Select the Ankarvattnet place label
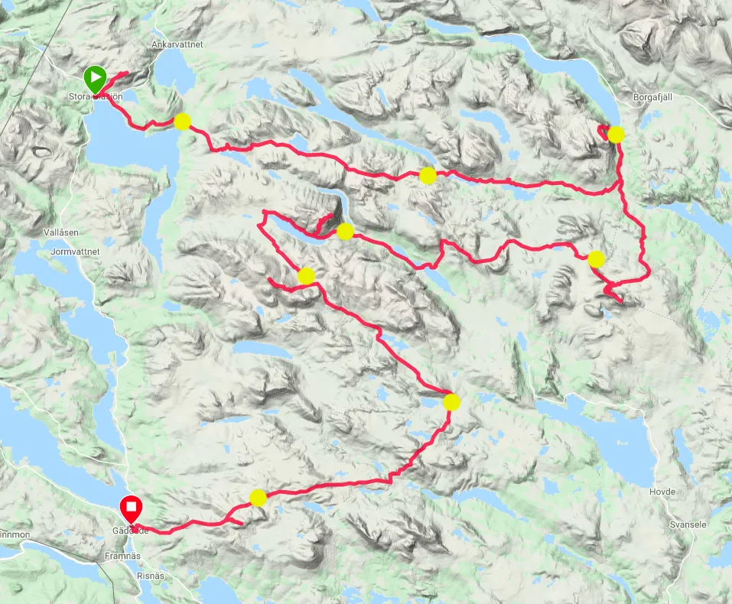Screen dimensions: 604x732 pos(177,45)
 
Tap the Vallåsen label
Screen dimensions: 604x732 pos(62,232)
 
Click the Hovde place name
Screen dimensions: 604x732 pos(662,490)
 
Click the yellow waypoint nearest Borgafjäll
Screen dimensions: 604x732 pos(616,135)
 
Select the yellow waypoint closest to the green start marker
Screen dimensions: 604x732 pos(182,121)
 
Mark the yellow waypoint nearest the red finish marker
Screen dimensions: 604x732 pos(258,498)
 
